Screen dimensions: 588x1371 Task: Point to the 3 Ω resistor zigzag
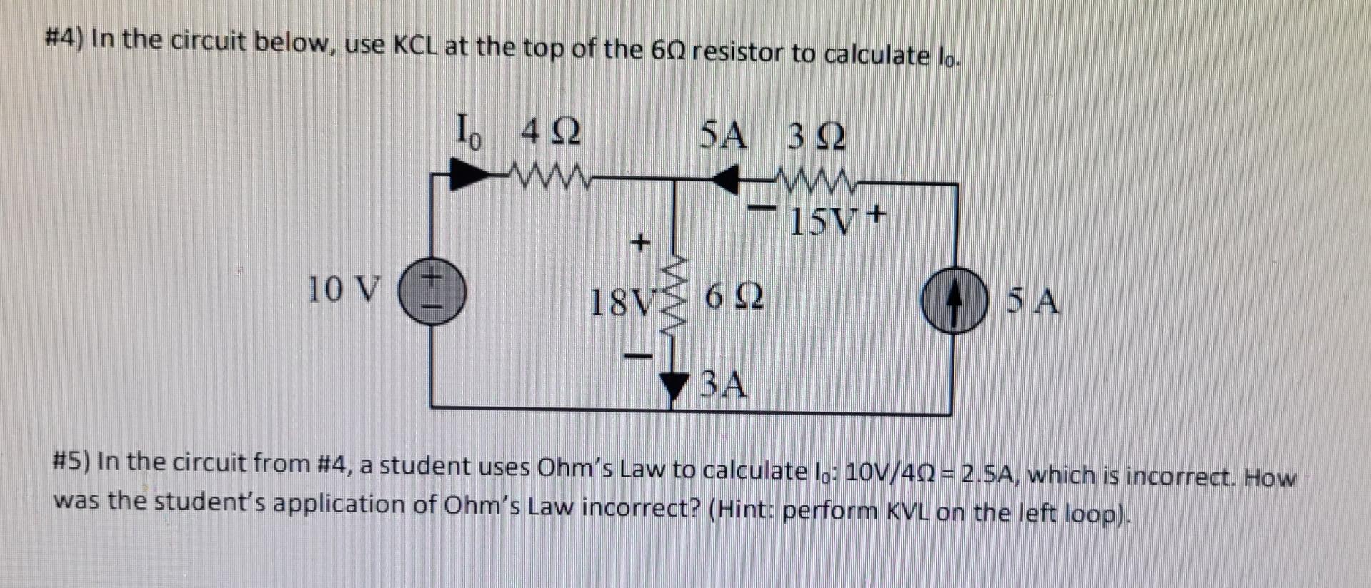coord(814,180)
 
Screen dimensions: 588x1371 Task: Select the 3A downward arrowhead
coord(673,386)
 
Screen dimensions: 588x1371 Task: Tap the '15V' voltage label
coord(822,223)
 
